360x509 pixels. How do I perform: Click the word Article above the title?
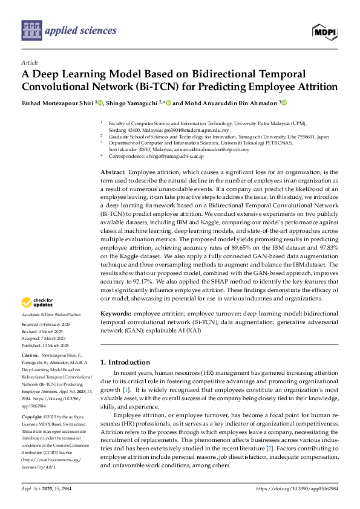coord(29,62)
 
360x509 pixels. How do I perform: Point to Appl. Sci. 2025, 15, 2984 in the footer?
coord(44,488)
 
